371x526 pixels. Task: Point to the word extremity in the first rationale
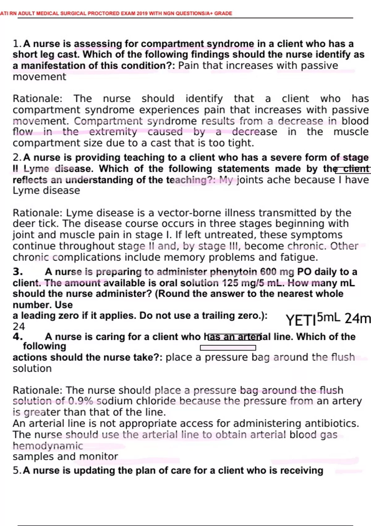tap(113, 132)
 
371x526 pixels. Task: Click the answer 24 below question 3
tap(19, 326)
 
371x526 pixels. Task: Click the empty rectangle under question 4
tap(228, 348)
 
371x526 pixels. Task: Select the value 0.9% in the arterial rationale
tap(80, 401)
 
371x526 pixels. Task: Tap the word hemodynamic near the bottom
tap(48, 446)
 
